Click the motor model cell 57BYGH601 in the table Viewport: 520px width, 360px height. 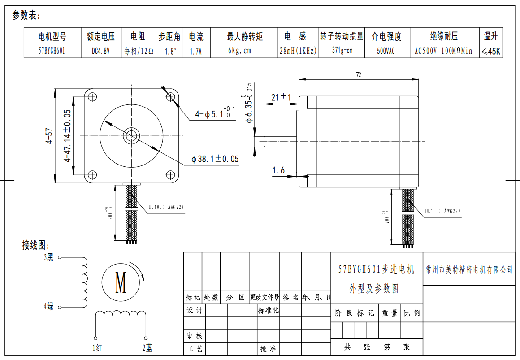(52, 51)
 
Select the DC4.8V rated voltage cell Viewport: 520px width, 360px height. (101, 51)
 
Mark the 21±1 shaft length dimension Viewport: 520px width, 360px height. (282, 97)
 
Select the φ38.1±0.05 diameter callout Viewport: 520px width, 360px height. (215, 159)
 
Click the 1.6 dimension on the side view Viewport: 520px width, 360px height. (278, 170)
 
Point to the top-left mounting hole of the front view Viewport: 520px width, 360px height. (93, 96)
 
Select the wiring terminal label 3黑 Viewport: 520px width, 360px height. (48, 257)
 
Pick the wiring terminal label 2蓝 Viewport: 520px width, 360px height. (147, 347)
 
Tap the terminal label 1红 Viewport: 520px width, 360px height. (97, 347)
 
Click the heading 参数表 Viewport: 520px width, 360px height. (26, 16)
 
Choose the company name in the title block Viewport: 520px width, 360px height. (469, 269)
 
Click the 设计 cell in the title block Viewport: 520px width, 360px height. (195, 310)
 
